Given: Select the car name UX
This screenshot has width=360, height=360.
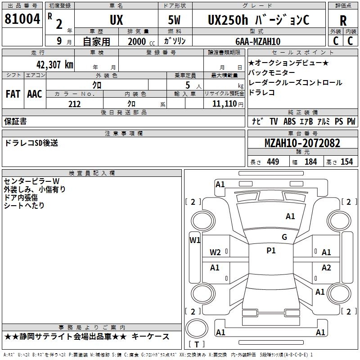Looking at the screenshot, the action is tap(116, 20).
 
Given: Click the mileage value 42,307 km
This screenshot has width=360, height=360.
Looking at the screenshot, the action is tap(46, 64).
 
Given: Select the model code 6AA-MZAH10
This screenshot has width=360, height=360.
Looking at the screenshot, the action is tap(258, 41).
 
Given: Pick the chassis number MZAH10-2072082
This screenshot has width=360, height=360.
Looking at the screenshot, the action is tap(302, 144).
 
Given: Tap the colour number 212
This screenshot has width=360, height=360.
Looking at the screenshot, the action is tap(74, 104).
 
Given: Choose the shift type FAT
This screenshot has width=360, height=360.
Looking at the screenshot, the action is tap(13, 94).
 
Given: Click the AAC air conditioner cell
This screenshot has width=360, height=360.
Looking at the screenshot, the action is tap(35, 94).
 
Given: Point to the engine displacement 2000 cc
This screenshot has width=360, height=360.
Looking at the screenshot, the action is tap(140, 42).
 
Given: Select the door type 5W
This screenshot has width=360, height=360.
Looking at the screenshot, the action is tap(175, 20).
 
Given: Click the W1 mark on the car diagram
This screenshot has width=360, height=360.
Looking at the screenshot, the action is tap(195, 240).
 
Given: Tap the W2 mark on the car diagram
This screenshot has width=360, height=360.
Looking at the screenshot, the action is tap(215, 252).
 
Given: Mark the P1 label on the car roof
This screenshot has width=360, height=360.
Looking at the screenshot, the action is tap(271, 251).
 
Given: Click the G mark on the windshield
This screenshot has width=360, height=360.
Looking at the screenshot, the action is tap(284, 237).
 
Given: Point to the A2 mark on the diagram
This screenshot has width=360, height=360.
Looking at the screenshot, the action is tap(326, 268).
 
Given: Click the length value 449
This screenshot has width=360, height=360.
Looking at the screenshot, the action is tap(273, 162).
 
